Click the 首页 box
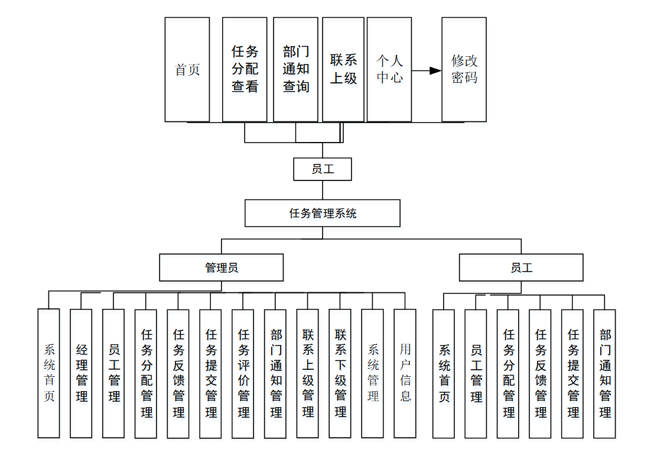pyautogui.click(x=187, y=69)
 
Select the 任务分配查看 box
pyautogui.click(x=245, y=69)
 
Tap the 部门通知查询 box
pyautogui.click(x=295, y=69)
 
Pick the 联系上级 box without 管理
pyautogui.click(x=343, y=69)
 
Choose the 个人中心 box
pyautogui.click(x=389, y=69)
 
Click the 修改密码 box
pyautogui.click(x=464, y=69)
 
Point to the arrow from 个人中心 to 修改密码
pyautogui.click(x=427, y=70)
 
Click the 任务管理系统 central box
pyautogui.click(x=323, y=214)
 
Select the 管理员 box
pyautogui.click(x=221, y=267)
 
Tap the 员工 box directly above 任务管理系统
pyautogui.click(x=323, y=169)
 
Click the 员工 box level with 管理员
pyautogui.click(x=521, y=267)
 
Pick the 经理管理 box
pyautogui.click(x=81, y=373)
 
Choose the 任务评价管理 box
pyautogui.click(x=243, y=373)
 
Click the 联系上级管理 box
pyautogui.click(x=308, y=373)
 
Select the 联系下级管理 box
pyautogui.click(x=340, y=373)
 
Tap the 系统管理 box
pyautogui.click(x=372, y=373)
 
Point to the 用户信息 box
pyautogui.click(x=405, y=373)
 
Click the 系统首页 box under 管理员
pyautogui.click(x=48, y=373)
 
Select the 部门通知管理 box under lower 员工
pyautogui.click(x=604, y=373)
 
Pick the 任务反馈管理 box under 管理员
pyautogui.click(x=178, y=373)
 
